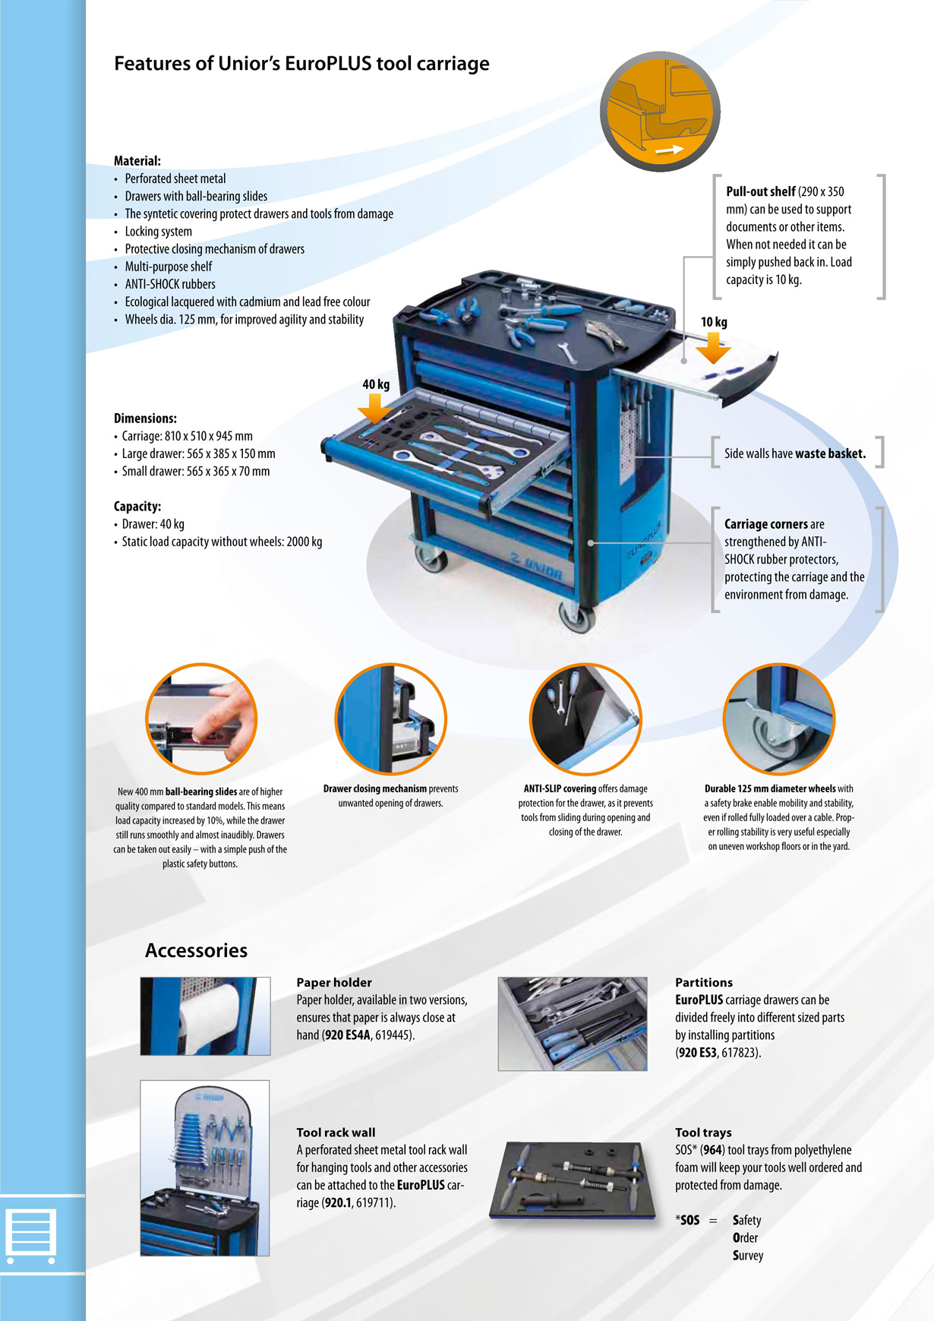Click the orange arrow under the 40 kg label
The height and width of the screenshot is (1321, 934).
374,408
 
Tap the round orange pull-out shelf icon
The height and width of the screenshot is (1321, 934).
660,112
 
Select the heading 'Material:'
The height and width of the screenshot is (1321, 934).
137,161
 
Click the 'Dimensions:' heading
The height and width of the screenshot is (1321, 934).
145,419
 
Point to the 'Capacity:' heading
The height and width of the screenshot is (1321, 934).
137,507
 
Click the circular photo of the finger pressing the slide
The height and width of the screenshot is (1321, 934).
201,719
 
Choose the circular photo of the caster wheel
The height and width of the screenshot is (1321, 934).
779,719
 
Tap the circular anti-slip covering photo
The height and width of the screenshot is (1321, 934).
585,719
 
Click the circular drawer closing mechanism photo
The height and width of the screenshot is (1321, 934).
391,719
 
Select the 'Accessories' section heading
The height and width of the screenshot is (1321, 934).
196,950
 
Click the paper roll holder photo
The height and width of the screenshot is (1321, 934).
205,1016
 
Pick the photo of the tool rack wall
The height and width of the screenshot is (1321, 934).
205,1168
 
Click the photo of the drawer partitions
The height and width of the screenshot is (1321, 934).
573,1024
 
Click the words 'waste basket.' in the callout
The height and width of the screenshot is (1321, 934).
831,454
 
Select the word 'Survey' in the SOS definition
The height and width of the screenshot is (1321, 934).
748,1256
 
